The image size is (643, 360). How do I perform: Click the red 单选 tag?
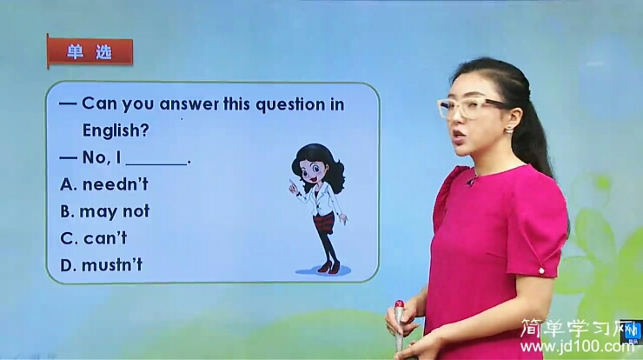tap(89, 52)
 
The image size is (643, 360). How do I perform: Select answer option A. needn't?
tap(104, 184)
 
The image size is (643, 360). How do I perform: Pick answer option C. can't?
tap(94, 237)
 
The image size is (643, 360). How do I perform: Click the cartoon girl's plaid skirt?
tap(323, 223)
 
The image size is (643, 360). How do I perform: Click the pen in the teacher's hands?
tap(399, 323)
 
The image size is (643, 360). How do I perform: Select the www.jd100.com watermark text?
tap(578, 347)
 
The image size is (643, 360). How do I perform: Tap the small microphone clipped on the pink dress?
tap(472, 181)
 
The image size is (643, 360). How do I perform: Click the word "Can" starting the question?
tap(99, 104)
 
